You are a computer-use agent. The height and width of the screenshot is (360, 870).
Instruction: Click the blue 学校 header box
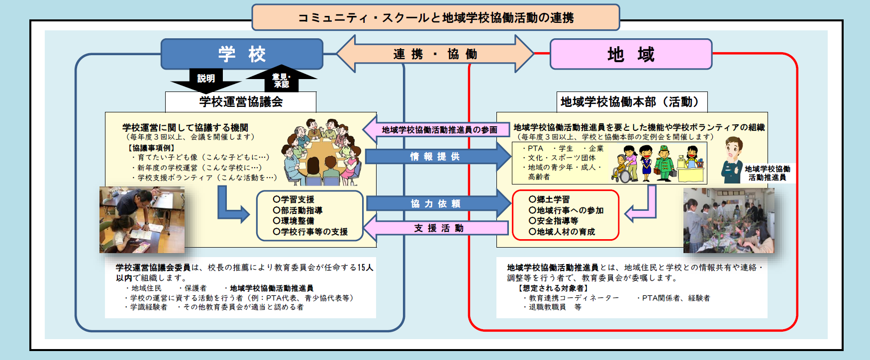coord(242,54)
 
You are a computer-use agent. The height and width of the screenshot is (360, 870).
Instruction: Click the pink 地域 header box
coord(631,54)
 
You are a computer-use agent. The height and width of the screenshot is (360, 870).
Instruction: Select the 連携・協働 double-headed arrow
coord(435,54)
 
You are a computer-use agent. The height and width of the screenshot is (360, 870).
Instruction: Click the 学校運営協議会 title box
coord(241,102)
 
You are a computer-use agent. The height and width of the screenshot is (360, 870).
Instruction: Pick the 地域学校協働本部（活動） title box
coord(631,102)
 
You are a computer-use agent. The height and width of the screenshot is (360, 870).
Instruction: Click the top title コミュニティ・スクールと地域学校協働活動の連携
coord(435,18)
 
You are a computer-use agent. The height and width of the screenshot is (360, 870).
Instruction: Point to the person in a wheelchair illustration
coord(621,169)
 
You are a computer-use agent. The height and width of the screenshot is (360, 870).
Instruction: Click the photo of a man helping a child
coord(142,220)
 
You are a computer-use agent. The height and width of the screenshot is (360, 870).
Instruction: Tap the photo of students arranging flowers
coord(728,220)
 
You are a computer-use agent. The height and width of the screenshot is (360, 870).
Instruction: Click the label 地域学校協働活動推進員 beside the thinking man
coord(767,173)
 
